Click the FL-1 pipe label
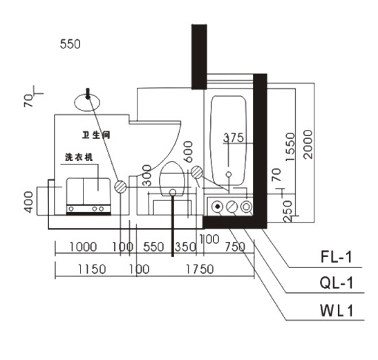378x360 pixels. tap(337, 257)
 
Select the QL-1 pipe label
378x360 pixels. tap(337, 283)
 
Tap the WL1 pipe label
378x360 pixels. tap(337, 310)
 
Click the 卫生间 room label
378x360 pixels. tap(96, 135)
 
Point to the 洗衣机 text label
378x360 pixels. tap(79, 158)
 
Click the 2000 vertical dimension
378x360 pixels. tap(308, 144)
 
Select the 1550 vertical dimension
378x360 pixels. tap(290, 147)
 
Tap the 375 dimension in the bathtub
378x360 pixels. tap(234, 138)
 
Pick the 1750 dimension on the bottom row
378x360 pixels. tap(200, 269)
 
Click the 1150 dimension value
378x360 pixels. tap(92, 269)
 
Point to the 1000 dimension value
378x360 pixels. tap(83, 247)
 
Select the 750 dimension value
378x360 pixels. tap(235, 247)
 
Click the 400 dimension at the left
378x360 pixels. tap(29, 202)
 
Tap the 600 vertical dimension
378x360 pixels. tap(188, 151)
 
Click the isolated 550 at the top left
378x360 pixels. tap(70, 44)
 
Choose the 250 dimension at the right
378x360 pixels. tap(287, 211)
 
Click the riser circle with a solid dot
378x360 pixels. tap(218, 207)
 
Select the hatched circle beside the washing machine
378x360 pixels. tap(120, 187)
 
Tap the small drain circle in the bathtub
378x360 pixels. tap(229, 174)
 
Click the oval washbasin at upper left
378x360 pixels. tap(87, 102)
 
